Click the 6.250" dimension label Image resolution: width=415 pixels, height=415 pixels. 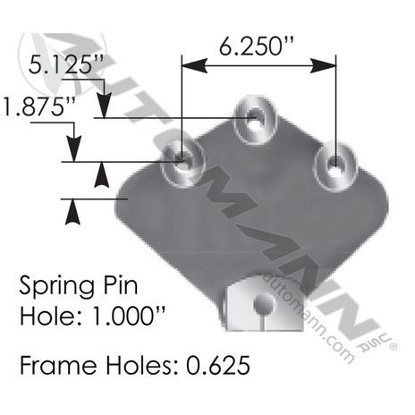[x=257, y=47]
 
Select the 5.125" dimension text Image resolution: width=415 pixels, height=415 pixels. [x=66, y=64]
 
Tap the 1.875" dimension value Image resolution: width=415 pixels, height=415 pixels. [x=39, y=106]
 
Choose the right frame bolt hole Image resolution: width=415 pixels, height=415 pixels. [x=335, y=165]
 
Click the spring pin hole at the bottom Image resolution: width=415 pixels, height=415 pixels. [x=264, y=303]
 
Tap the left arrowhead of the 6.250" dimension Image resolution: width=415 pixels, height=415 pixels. [x=194, y=65]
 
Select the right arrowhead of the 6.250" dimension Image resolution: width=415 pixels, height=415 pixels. [x=324, y=65]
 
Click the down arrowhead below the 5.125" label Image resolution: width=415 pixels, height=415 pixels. [x=104, y=106]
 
